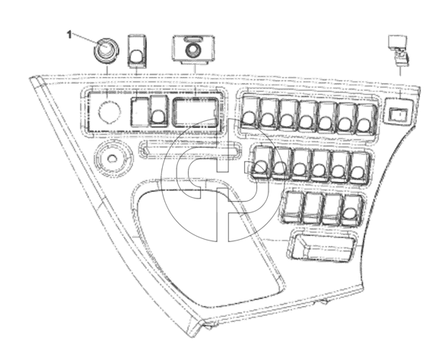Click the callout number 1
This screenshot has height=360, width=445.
coord(69,35)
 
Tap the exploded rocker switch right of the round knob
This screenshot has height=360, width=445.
coord(137,51)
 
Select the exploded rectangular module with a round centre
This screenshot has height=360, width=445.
coord(193,48)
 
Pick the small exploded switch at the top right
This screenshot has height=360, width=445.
coord(398,49)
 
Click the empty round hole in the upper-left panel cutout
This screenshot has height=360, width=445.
coord(110,111)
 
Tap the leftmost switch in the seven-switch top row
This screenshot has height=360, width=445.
coord(250,112)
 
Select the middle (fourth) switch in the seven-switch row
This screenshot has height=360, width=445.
coord(307,116)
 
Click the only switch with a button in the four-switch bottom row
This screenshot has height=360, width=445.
coord(351,210)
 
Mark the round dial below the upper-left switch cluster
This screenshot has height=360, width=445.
coord(113,158)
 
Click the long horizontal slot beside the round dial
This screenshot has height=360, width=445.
coord(189,148)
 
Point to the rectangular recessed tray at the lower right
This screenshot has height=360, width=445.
coord(323,245)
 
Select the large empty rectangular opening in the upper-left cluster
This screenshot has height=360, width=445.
coord(195,113)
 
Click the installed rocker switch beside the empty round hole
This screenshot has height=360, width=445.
coord(158,111)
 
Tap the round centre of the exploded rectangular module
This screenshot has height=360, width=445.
coord(193,50)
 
